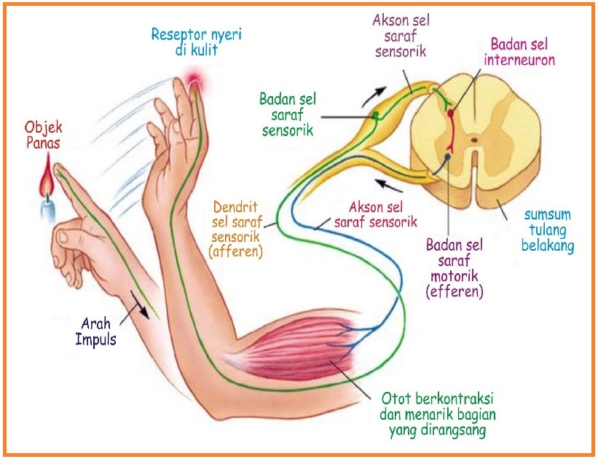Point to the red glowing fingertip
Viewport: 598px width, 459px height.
coord(194,78)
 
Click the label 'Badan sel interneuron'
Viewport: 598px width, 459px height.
coord(522,52)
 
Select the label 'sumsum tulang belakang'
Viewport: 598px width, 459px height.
coord(548,229)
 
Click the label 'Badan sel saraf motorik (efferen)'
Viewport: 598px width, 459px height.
coord(455,267)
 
